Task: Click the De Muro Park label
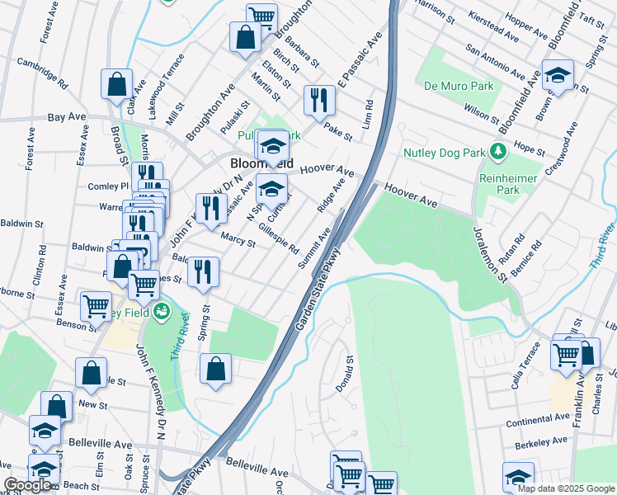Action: [x=458, y=86]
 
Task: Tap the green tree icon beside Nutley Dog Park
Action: [x=497, y=152]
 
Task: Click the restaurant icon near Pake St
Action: [x=318, y=100]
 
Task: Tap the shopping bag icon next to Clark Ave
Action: [x=117, y=83]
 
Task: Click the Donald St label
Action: [x=350, y=373]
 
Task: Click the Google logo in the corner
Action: [x=28, y=485]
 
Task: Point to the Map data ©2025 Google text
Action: [x=565, y=488]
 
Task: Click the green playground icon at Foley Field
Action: [x=162, y=311]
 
